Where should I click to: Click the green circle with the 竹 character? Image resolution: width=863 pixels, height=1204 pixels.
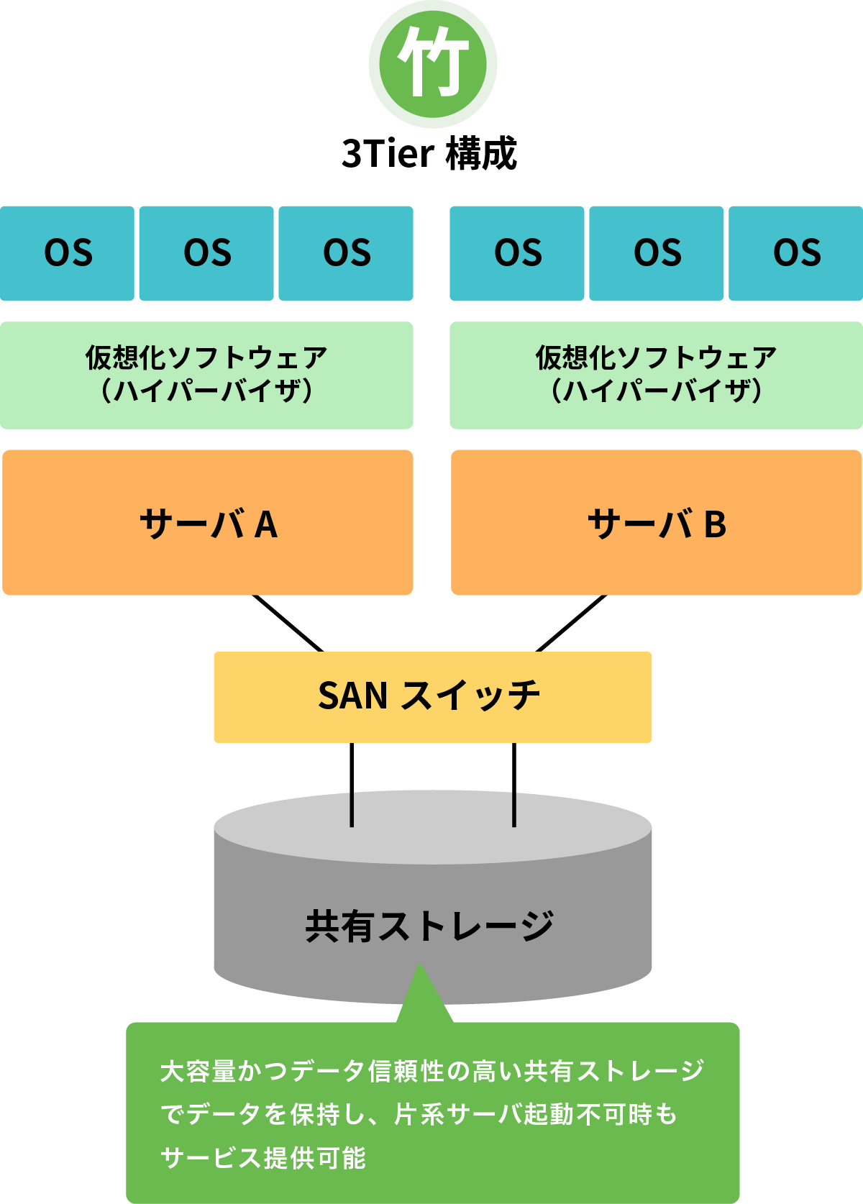[432, 63]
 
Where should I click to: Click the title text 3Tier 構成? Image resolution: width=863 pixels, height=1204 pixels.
[429, 153]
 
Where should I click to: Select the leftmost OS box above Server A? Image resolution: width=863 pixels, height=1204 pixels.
[68, 253]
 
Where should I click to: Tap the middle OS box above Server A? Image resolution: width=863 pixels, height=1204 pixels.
[206, 253]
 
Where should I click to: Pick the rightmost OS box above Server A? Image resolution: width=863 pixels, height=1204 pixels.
[346, 253]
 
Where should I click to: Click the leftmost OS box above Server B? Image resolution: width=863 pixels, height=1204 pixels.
[517, 253]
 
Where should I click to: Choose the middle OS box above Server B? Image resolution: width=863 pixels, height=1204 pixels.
[657, 253]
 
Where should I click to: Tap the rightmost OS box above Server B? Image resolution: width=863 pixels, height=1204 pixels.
[796, 253]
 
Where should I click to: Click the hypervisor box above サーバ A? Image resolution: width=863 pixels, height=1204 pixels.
[206, 375]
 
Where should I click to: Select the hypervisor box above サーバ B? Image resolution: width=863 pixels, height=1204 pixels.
[656, 375]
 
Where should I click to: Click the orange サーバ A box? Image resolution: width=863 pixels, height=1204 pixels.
[208, 523]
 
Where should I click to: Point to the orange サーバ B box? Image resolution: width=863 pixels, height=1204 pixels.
[656, 523]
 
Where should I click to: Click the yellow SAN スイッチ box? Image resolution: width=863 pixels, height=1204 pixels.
[432, 696]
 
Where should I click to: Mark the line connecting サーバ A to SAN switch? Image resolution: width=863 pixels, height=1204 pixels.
[288, 624]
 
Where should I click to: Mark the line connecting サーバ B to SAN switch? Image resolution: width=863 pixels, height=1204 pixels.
[572, 624]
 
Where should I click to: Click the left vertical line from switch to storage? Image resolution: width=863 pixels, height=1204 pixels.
[352, 784]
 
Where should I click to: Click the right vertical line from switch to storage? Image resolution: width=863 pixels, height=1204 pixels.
[514, 784]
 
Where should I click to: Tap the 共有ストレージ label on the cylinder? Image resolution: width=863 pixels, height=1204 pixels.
[429, 926]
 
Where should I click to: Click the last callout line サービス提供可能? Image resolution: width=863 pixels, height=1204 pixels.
[263, 1157]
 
